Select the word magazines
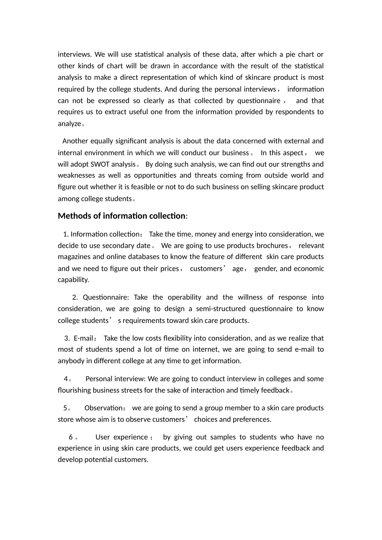coord(74,257)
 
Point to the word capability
coord(73,280)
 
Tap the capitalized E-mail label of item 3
coord(83,338)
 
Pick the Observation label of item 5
coord(103,408)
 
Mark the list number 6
coord(71,437)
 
